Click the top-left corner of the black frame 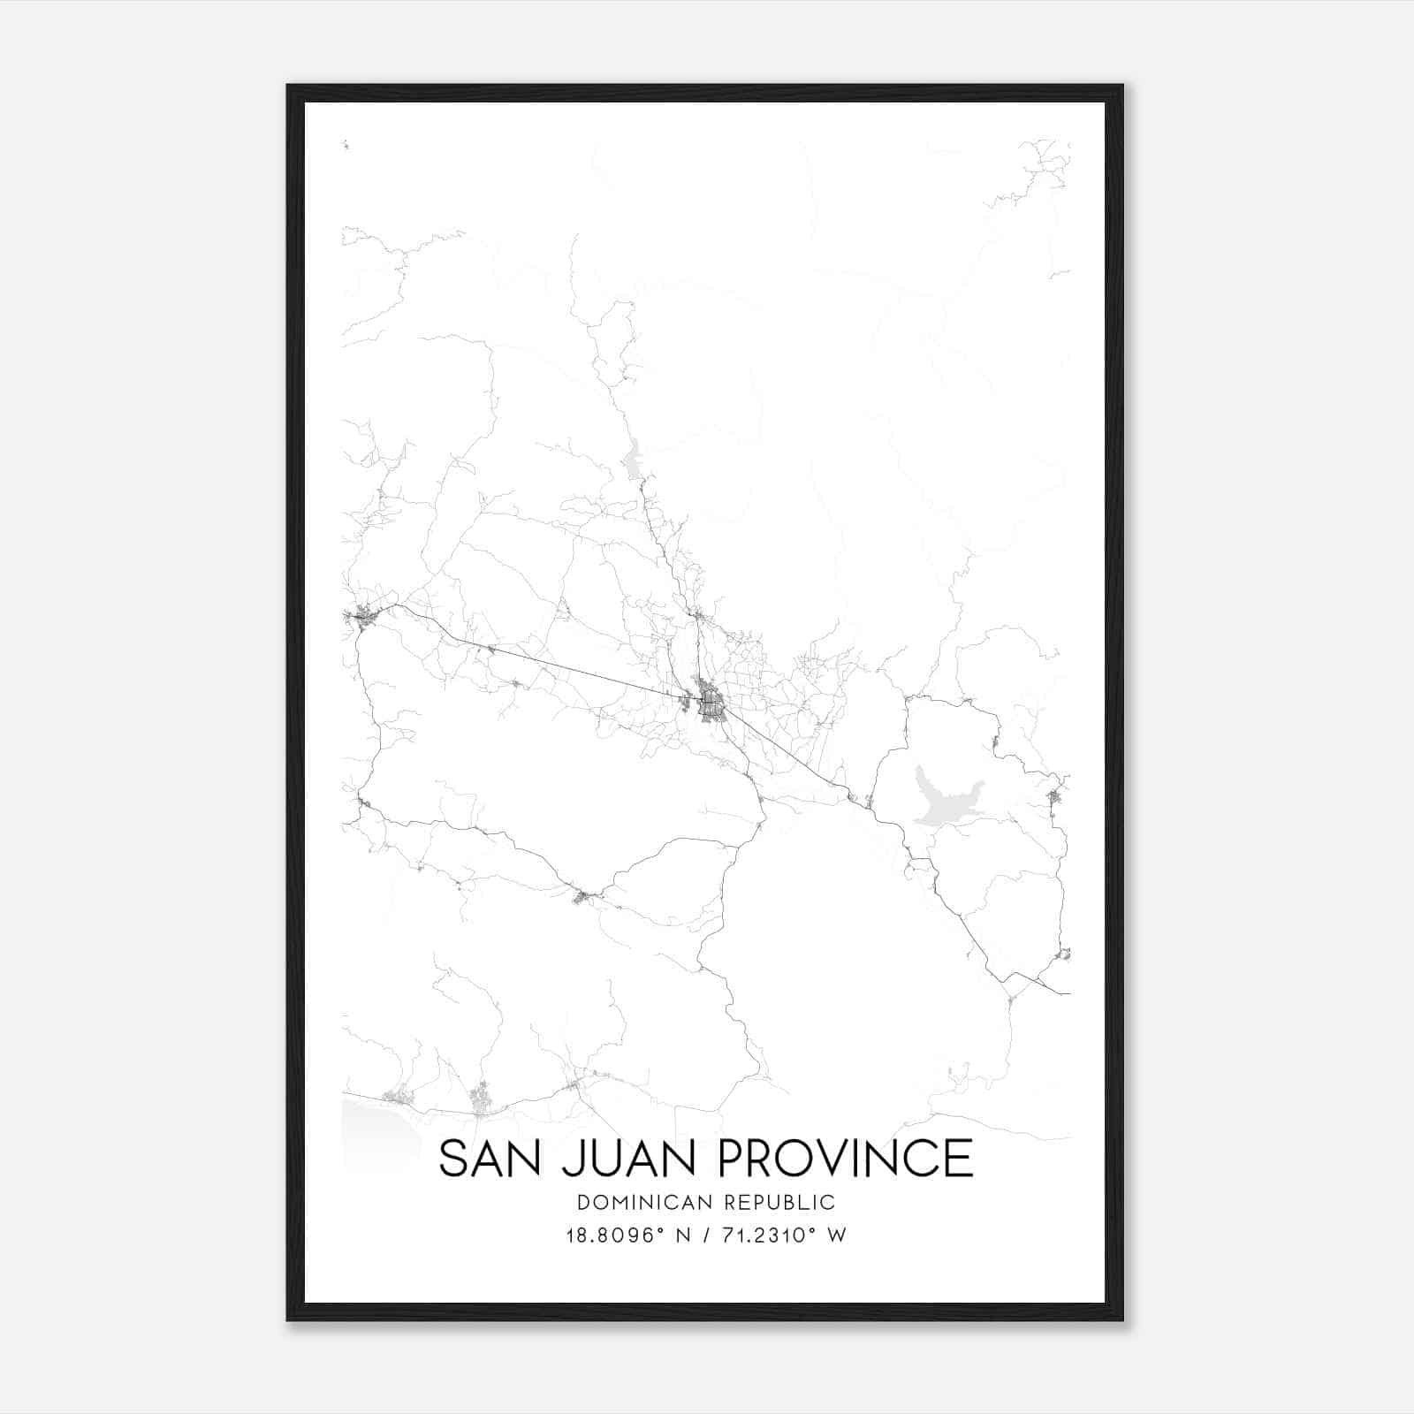pos(288,86)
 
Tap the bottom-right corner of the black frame pos(1121,1319)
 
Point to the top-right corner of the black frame pos(1121,86)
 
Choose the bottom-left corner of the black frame pos(288,1319)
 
